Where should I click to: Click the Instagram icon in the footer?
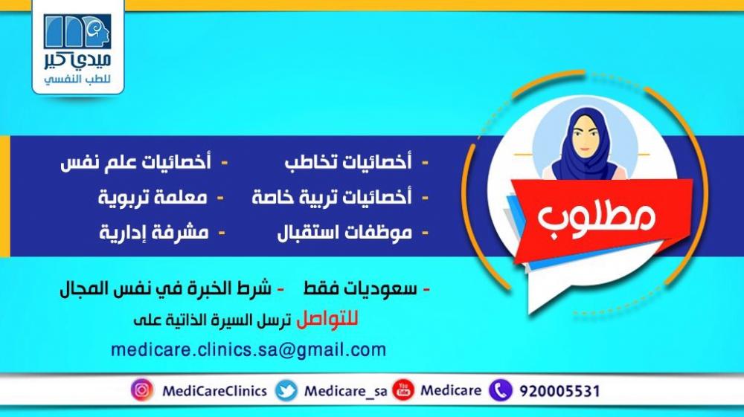(142, 390)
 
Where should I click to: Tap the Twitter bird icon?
(286, 390)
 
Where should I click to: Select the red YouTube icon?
(403, 390)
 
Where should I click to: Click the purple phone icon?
(501, 390)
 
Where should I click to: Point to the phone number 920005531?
(560, 392)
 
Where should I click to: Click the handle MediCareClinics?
(214, 391)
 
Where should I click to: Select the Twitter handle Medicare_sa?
(345, 392)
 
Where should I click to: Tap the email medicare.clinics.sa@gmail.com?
(248, 350)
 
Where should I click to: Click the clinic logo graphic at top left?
(77, 31)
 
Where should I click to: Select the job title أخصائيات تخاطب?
(348, 161)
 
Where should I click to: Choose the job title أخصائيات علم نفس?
(135, 161)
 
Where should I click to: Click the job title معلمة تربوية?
(153, 197)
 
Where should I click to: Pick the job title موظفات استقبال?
(344, 232)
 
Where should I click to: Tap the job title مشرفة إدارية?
(154, 232)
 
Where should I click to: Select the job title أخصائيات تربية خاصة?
(332, 197)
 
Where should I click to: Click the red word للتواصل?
(327, 320)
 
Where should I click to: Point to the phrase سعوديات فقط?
(360, 288)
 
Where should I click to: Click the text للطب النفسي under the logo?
(77, 79)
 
